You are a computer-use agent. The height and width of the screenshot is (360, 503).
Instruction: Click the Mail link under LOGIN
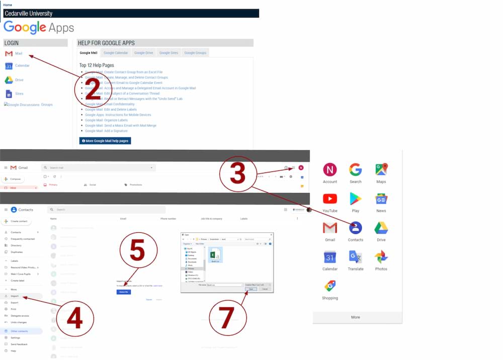point(18,53)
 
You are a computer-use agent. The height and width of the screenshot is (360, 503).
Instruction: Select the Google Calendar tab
point(116,53)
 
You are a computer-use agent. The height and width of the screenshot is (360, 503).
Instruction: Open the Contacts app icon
point(356,228)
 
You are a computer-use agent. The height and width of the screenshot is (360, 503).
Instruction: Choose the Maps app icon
point(381,169)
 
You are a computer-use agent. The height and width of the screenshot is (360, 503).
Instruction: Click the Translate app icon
point(356,257)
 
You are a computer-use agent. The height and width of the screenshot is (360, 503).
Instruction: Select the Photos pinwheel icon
point(381,257)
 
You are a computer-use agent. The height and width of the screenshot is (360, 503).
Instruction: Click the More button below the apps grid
point(356,317)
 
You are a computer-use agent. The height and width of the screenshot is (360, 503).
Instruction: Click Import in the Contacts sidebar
point(15,296)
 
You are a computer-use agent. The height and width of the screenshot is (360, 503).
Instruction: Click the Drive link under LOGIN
point(19,80)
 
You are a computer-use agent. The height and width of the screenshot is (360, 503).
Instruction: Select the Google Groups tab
point(195,53)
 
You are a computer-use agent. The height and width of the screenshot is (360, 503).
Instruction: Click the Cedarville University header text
point(28,14)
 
